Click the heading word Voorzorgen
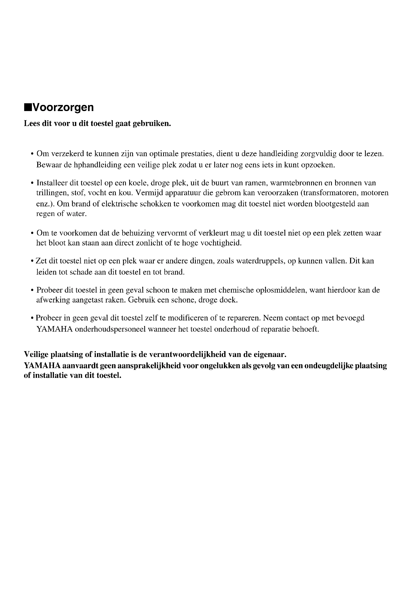(x=63, y=107)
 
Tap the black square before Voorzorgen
(x=27, y=107)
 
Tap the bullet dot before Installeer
(x=32, y=183)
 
